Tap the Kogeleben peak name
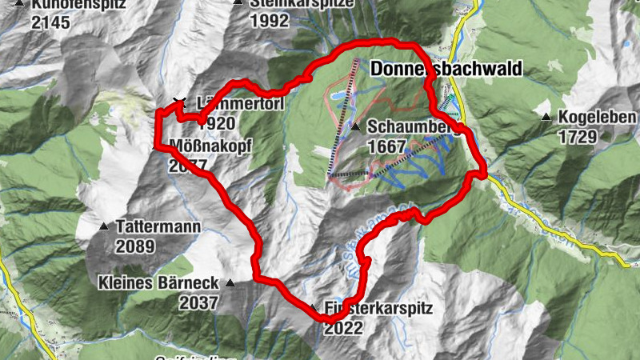[597, 118]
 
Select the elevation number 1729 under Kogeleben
[578, 137]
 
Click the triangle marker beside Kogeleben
[546, 118]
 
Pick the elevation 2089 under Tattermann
[134, 246]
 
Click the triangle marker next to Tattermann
[104, 226]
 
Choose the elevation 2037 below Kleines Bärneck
[198, 302]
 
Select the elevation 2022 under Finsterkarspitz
[344, 327]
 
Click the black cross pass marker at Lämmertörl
[178, 102]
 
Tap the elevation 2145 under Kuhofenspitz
[50, 21]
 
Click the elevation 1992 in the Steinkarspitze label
[269, 21]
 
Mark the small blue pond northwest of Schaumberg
[338, 97]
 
